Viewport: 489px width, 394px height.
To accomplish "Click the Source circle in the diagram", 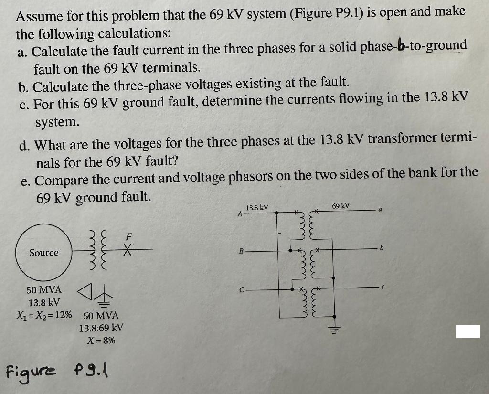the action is [x=44, y=252].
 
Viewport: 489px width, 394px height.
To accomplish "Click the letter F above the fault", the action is [x=128, y=236].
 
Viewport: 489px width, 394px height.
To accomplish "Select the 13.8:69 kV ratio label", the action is [x=101, y=328].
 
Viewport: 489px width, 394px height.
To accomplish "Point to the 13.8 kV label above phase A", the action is [x=257, y=208].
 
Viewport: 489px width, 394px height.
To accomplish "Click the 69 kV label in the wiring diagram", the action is [x=341, y=206].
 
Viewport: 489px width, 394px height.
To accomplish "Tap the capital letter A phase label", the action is [x=240, y=214].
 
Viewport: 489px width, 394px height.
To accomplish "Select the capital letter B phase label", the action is [x=241, y=250].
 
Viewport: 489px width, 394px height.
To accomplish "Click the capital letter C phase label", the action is [x=241, y=288].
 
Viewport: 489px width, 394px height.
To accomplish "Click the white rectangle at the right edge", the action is [x=467, y=331].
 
